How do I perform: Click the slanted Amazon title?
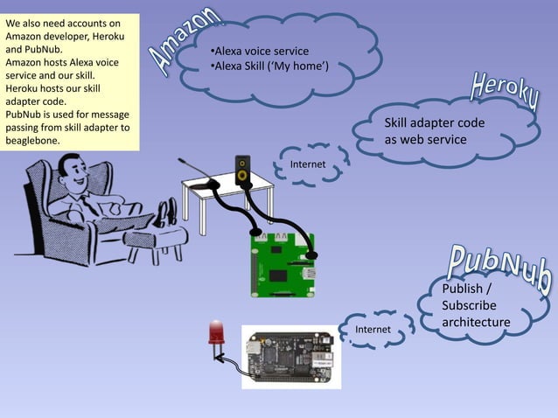pos(185,39)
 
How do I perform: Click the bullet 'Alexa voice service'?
pos(260,51)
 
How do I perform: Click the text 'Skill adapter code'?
pos(434,123)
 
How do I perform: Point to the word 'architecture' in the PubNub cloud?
pos(476,322)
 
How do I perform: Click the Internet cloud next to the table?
pos(308,164)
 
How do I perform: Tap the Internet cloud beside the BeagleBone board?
pos(373,330)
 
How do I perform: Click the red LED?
pos(214,333)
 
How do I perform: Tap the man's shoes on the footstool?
pos(166,212)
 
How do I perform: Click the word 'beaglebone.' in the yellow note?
pos(33,141)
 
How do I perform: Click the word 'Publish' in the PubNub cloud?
pos(466,289)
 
